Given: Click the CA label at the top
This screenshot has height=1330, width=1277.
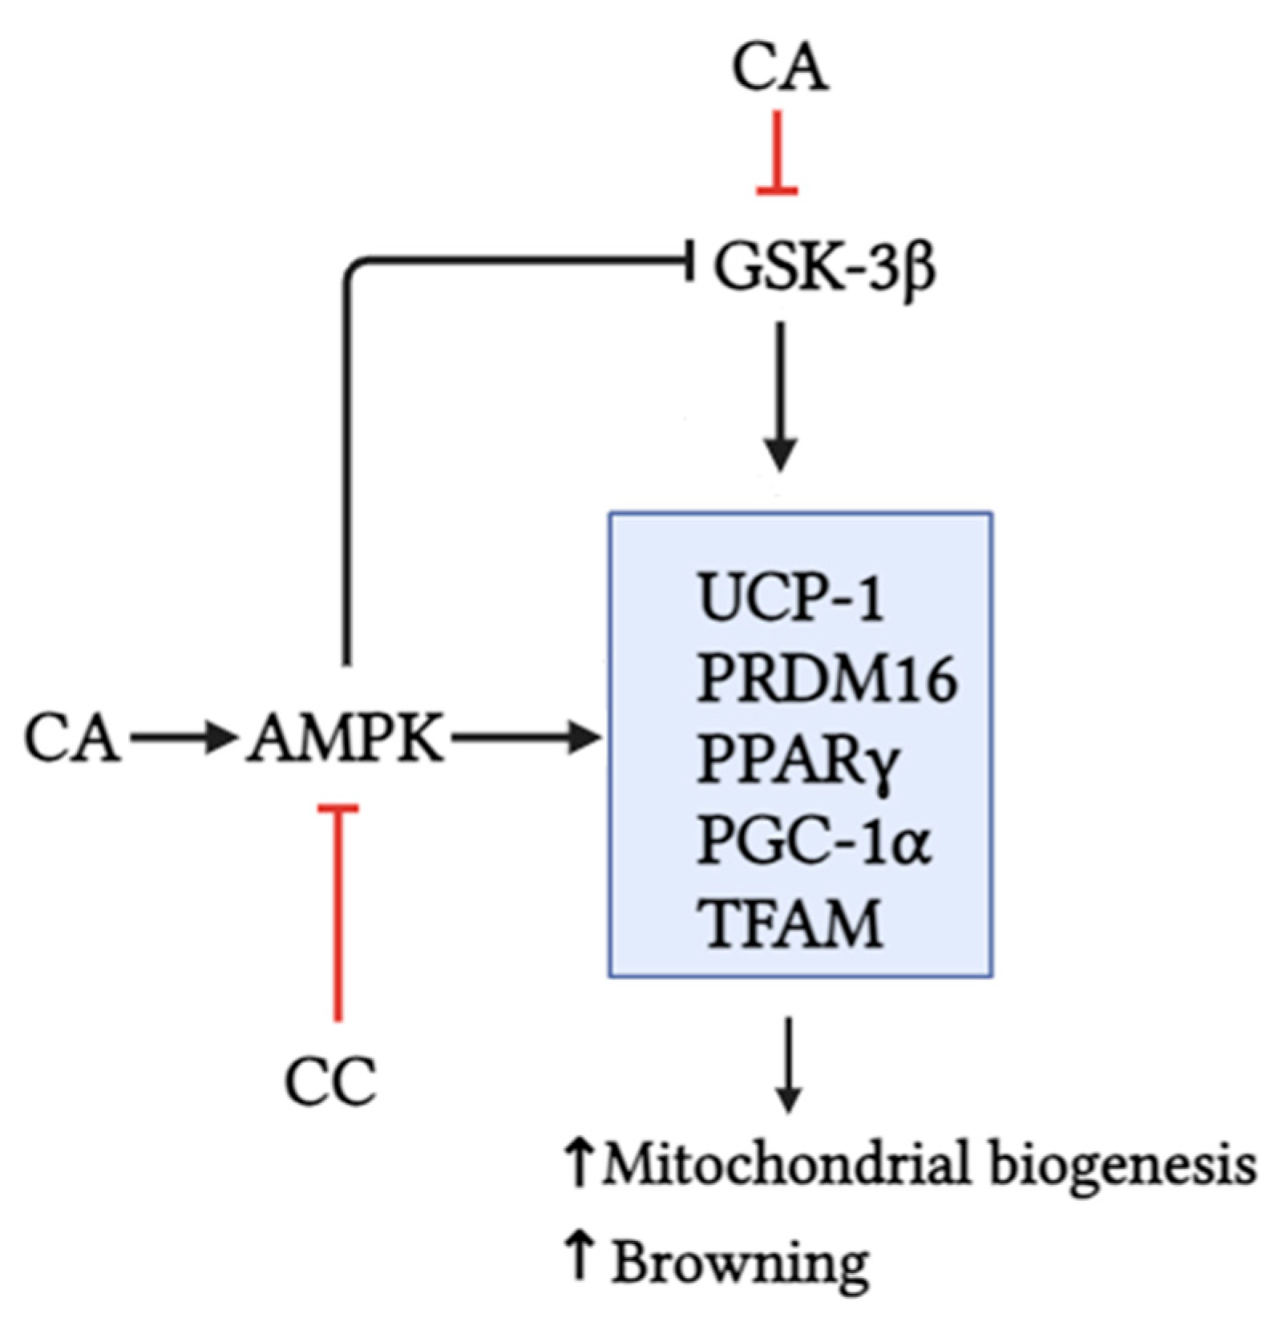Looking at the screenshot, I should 779,68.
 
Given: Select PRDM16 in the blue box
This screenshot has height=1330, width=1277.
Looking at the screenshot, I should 826,678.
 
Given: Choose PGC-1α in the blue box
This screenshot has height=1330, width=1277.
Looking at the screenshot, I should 814,841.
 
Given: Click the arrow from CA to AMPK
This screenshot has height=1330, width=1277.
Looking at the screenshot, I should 181,738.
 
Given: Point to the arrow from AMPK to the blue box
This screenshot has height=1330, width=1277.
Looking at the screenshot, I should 525,738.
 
